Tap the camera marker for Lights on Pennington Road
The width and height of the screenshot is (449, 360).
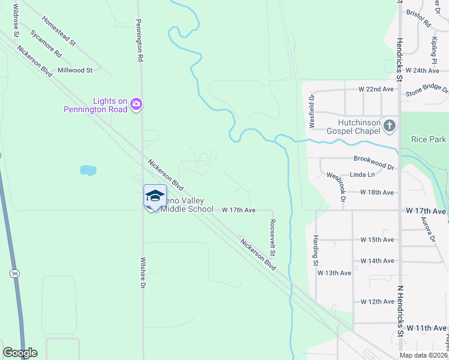pyautogui.click(x=136, y=105)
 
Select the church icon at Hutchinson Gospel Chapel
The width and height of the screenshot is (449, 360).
pyautogui.click(x=390, y=126)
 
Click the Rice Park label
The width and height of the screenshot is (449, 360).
pyautogui.click(x=429, y=139)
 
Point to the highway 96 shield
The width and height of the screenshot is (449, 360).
pyautogui.click(x=15, y=274)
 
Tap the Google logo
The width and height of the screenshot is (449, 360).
pyautogui.click(x=20, y=353)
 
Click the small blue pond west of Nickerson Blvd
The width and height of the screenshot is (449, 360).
pyautogui.click(x=88, y=170)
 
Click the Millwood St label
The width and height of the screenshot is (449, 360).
pyautogui.click(x=75, y=70)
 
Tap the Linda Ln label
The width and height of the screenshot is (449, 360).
pyautogui.click(x=362, y=175)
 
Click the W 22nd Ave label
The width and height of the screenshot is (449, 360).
pyautogui.click(x=376, y=89)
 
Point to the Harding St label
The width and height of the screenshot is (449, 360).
pyautogui.click(x=315, y=250)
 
